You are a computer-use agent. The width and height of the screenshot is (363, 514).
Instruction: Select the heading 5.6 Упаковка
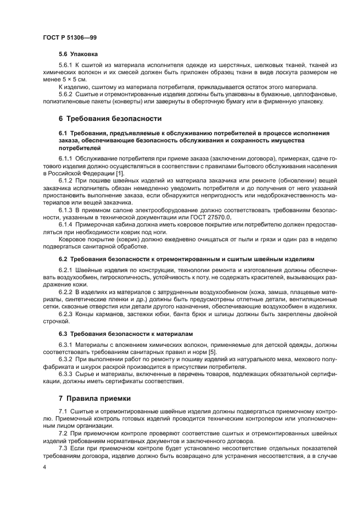point(78,55)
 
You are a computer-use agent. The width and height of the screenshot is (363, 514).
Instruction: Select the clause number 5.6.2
point(66,94)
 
